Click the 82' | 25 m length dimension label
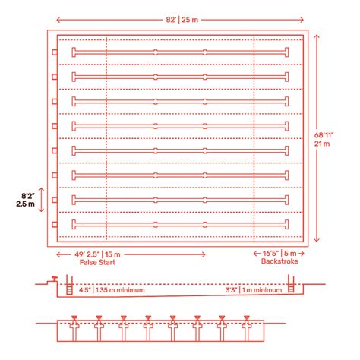(x=182, y=20)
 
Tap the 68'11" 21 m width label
(x=324, y=140)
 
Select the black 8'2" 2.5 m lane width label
(x=26, y=200)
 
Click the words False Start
(x=97, y=262)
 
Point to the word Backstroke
(x=279, y=261)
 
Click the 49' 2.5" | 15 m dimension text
(x=97, y=254)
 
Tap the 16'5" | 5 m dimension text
(x=279, y=253)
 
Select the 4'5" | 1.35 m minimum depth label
(x=112, y=290)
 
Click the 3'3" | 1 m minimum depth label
(x=254, y=290)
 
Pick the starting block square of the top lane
(x=55, y=52)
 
